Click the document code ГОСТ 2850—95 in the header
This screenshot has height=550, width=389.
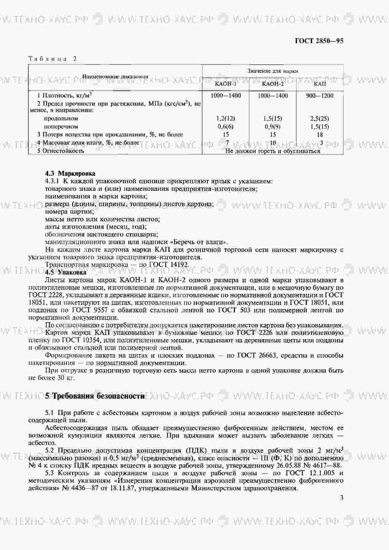click(x=319, y=41)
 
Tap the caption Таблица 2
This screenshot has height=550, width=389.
click(x=52, y=59)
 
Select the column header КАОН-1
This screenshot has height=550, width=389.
click(x=226, y=84)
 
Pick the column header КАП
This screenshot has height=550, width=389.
click(x=320, y=84)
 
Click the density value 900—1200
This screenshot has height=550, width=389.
click(x=320, y=96)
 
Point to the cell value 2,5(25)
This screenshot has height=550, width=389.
click(x=320, y=119)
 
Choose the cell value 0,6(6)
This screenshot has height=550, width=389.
click(x=226, y=127)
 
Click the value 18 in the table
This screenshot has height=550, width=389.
click(x=320, y=135)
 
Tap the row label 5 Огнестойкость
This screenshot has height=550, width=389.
click(x=61, y=151)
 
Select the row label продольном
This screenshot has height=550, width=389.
click(x=61, y=119)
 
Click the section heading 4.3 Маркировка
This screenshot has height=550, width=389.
click(x=70, y=173)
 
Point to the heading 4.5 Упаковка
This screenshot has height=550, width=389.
click(x=66, y=272)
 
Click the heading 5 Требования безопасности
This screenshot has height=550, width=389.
click(x=95, y=396)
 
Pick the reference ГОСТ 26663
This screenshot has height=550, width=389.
click(x=256, y=355)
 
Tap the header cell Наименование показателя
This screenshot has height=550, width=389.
click(x=115, y=76)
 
